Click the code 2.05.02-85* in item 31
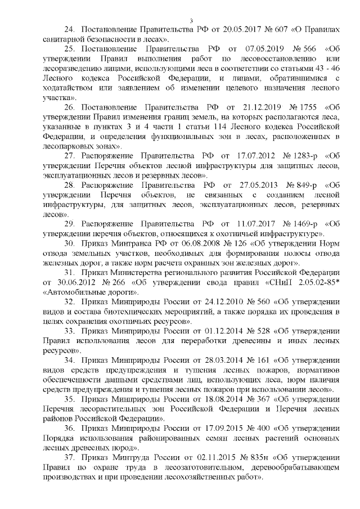tap(309, 283)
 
